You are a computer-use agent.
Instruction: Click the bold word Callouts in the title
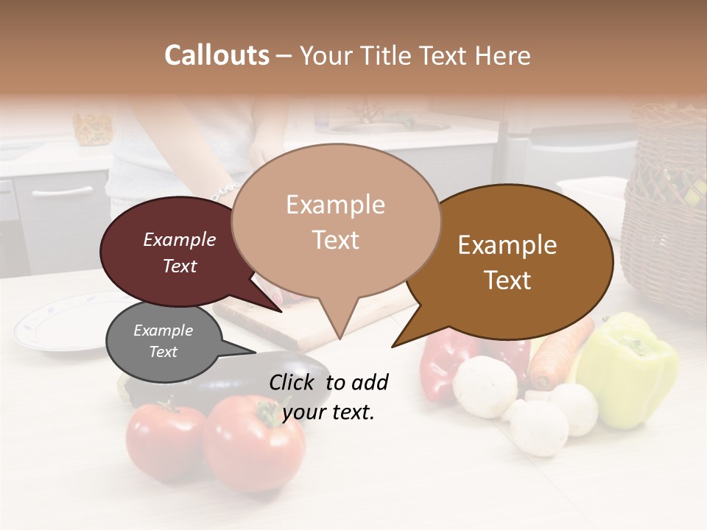pyautogui.click(x=217, y=55)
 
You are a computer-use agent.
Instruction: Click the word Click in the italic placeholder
pyautogui.click(x=293, y=382)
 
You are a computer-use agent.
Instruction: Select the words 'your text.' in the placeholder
pyautogui.click(x=328, y=412)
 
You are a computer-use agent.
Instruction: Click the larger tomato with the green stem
pyautogui.click(x=253, y=442)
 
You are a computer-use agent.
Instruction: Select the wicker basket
pyautogui.click(x=666, y=213)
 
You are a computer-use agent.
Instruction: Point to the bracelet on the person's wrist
pyautogui.click(x=225, y=191)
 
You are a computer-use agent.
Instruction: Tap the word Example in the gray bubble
pyautogui.click(x=163, y=331)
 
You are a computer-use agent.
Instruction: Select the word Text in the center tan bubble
pyautogui.click(x=335, y=240)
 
